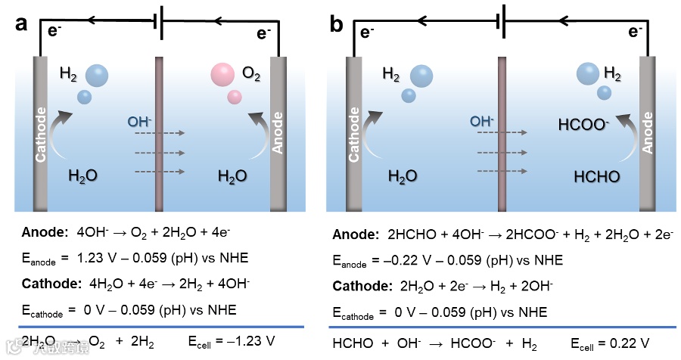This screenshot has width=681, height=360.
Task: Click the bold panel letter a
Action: pos(22,23)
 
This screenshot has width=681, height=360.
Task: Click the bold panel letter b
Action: pos(336,23)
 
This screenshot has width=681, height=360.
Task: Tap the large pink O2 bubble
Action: pos(223,74)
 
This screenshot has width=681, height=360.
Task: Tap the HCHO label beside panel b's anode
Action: pos(597,176)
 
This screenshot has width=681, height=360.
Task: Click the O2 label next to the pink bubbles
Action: pos(252,73)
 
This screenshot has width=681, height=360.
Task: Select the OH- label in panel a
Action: pos(141,120)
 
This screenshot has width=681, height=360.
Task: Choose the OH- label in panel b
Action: pos(481,120)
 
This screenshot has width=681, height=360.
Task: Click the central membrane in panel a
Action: pos(160,132)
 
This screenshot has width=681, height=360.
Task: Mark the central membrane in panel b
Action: pos(502,132)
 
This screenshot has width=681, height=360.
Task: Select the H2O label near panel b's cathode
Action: pos(403,176)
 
